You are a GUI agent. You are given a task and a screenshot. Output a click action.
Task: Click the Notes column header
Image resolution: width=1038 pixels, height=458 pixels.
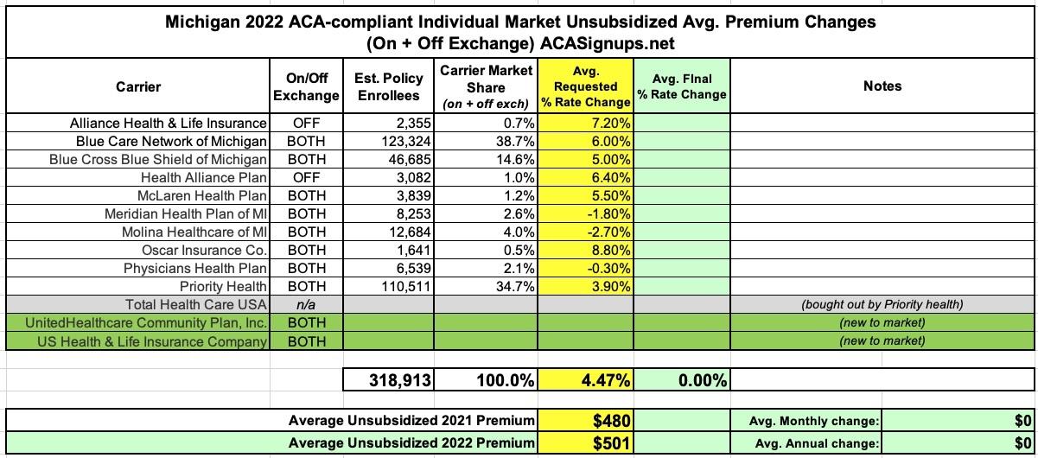(x=882, y=86)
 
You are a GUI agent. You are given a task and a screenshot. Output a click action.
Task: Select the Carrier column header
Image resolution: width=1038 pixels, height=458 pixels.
(x=138, y=86)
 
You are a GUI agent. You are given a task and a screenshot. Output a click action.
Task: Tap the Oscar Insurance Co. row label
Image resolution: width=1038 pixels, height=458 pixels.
(x=204, y=250)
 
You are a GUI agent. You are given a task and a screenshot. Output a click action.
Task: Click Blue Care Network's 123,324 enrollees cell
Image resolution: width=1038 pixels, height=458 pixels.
(x=406, y=141)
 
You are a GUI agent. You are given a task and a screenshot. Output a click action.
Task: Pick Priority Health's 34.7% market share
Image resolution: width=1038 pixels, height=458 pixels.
(x=515, y=286)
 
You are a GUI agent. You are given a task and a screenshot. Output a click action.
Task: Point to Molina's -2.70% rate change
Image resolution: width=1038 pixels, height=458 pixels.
(x=609, y=232)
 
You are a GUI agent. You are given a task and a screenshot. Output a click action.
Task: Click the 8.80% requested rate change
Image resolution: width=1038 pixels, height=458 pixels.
(x=611, y=250)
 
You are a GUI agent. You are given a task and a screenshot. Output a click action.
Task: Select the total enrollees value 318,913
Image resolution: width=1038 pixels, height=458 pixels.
(x=400, y=380)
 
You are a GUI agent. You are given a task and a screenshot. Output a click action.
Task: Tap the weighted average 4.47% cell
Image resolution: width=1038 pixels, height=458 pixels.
(x=606, y=380)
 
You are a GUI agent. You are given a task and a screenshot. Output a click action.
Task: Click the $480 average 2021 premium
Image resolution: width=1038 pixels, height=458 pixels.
(x=612, y=421)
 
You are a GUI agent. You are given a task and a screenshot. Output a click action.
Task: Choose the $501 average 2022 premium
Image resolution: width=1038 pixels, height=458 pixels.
(x=612, y=443)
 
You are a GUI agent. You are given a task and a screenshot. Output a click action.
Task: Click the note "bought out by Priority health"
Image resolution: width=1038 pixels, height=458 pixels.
(x=882, y=304)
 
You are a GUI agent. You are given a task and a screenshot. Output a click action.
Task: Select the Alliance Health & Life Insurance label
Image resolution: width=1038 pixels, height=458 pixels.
(x=169, y=124)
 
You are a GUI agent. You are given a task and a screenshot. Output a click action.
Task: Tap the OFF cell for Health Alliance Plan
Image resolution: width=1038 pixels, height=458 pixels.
(x=306, y=177)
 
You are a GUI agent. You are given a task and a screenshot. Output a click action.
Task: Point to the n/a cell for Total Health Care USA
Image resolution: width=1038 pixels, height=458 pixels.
(x=306, y=304)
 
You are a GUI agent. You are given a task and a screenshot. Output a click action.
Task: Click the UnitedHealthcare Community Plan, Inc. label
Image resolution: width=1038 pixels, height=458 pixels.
(x=146, y=323)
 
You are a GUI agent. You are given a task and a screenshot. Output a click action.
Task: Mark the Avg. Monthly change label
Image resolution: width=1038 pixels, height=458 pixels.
(x=813, y=421)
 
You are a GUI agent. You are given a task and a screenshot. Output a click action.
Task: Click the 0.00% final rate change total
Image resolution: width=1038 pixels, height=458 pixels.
(x=703, y=380)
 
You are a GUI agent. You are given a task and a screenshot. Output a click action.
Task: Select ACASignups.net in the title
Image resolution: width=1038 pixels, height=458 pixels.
(x=608, y=43)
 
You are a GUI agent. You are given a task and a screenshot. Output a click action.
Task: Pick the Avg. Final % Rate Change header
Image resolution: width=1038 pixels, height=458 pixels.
(x=682, y=86)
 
